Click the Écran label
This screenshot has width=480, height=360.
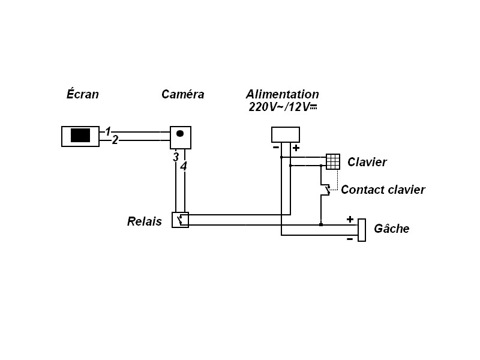pos(82,94)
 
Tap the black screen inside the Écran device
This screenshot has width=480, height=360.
pos(80,135)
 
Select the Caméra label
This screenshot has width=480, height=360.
pos(182,94)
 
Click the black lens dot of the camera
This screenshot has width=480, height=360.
pos(179,133)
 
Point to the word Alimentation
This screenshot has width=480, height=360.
pos(282,94)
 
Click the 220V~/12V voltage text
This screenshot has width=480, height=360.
pos(282,107)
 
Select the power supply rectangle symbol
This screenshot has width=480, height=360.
pos(286,134)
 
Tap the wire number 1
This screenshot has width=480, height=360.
pos(108,131)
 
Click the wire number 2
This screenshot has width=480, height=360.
pos(115,140)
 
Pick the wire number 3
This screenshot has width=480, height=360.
pos(175,157)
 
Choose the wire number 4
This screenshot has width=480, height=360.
pos(184,166)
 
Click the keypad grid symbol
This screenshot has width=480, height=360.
pos(333,161)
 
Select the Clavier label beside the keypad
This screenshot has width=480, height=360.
pos(367,162)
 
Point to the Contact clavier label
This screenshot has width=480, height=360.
pos(383,190)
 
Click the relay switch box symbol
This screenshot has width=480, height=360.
pos(181,220)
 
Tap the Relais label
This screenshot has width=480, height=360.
pos(145,221)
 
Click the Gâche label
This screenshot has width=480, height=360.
pos(392,229)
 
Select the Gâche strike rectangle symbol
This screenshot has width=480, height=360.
pos(362,230)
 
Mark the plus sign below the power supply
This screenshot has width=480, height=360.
pos(296,148)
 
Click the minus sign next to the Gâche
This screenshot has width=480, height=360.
pos(350,239)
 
